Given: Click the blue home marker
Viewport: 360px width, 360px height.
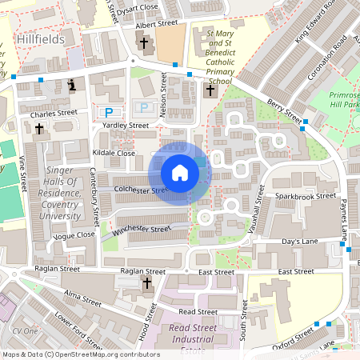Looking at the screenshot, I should click(x=180, y=172).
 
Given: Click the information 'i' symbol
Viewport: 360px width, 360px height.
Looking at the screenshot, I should click(x=73, y=84).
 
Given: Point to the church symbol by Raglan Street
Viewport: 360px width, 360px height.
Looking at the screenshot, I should click(x=146, y=283).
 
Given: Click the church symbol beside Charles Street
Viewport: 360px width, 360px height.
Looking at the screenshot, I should click(x=38, y=128).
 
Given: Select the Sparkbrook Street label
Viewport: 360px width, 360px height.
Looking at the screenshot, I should click(x=305, y=195).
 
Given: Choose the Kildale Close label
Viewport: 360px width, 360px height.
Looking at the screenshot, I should click(x=114, y=152).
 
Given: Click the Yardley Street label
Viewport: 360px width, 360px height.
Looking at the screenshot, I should click(x=125, y=126).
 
